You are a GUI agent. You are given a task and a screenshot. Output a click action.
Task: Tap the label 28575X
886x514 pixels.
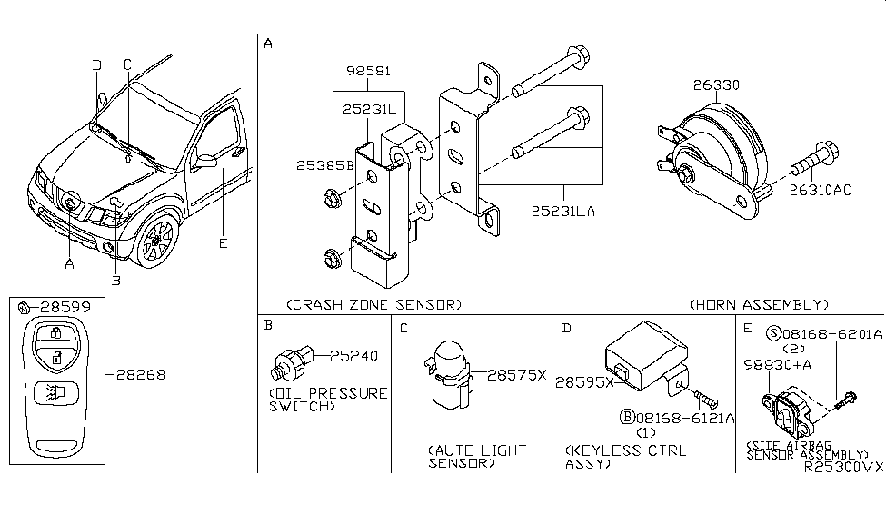[x=516, y=373]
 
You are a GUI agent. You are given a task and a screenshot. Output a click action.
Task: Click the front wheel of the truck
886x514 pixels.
[x=154, y=239]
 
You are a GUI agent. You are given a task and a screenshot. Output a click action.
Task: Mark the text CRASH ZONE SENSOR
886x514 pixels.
[x=373, y=303]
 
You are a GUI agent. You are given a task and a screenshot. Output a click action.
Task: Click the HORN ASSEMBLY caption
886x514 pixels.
[x=759, y=303]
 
